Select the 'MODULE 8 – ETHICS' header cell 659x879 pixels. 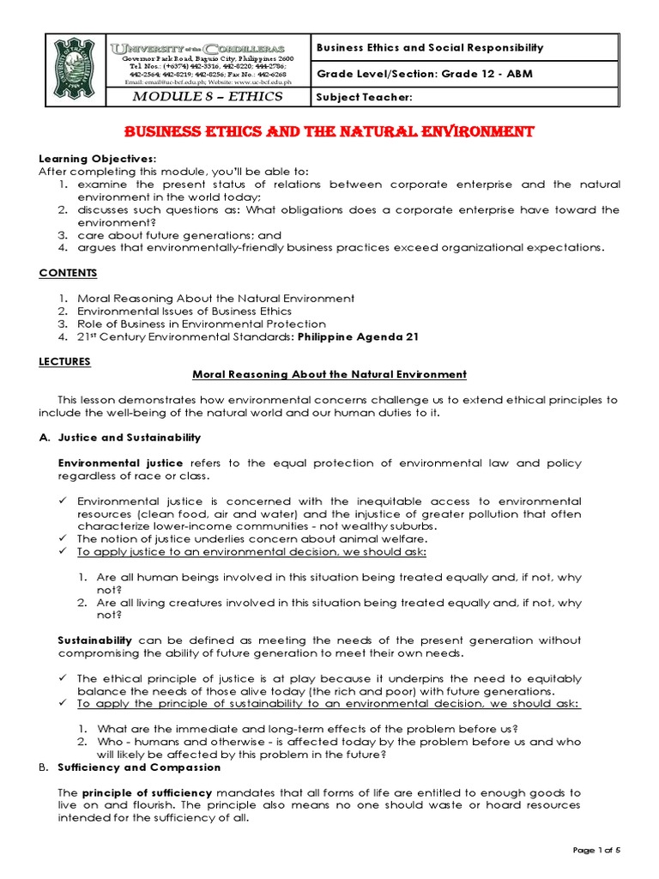208,97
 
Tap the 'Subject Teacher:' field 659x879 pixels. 365,97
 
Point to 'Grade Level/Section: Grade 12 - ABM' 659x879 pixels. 425,73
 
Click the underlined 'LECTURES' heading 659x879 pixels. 65,361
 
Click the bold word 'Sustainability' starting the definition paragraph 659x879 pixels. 94,640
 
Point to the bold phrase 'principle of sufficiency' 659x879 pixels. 147,792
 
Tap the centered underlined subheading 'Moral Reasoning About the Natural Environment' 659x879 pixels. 329,374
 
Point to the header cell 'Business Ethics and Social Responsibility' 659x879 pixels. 431,48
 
